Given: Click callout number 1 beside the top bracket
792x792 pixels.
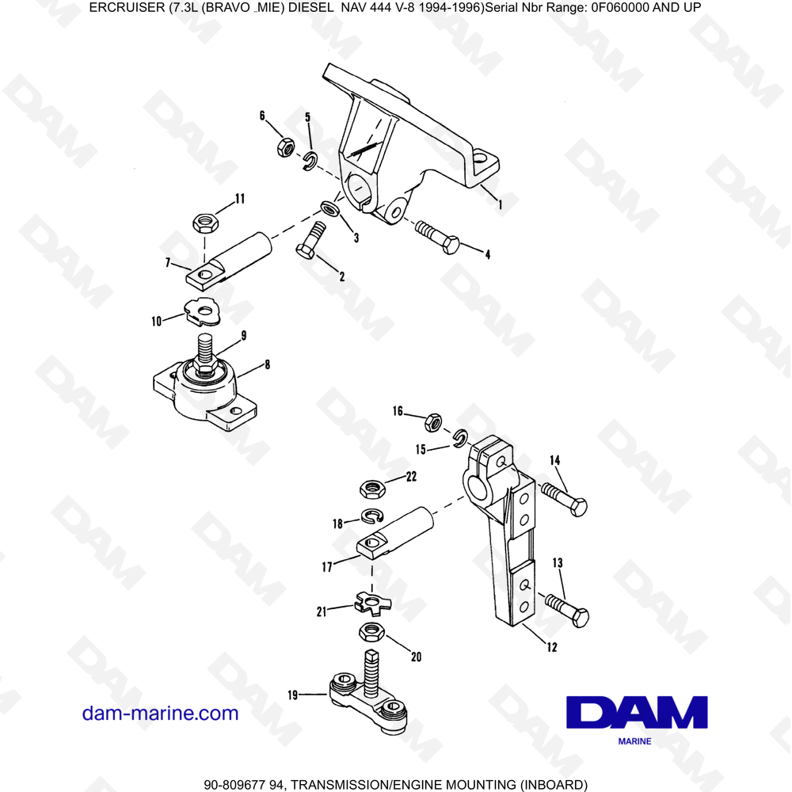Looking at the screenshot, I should (x=500, y=204).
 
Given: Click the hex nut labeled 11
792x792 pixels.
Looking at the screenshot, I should (x=206, y=223).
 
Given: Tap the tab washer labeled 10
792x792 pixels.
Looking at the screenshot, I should (x=206, y=311).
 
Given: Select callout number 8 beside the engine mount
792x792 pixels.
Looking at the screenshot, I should (x=267, y=365).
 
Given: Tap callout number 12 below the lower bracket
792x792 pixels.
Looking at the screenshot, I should (x=551, y=647).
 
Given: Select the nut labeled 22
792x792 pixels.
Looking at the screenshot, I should (x=372, y=489).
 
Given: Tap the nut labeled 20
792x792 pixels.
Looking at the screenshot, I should (x=371, y=632).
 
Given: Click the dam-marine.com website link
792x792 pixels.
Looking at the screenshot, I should (x=160, y=713).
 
